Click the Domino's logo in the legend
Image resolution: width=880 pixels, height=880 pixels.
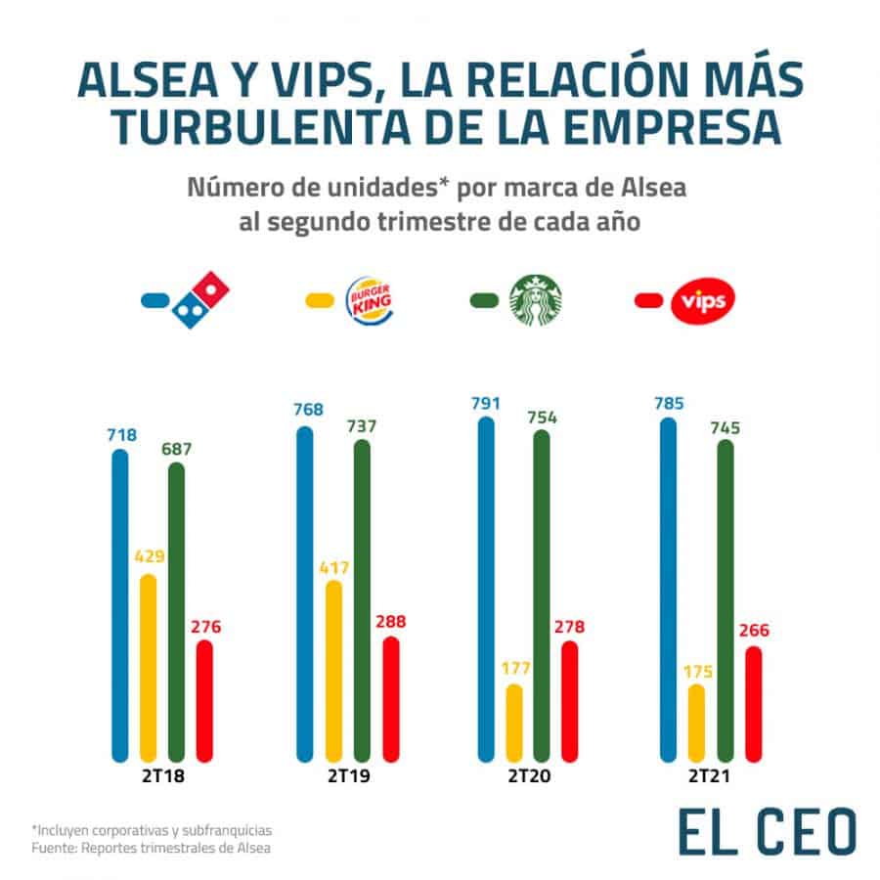point(200,298)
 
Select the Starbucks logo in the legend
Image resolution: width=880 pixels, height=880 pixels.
point(537,298)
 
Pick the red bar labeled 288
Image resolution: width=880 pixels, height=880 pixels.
point(390,698)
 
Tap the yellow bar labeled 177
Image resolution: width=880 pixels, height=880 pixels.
point(514,723)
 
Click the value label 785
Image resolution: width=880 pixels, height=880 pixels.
point(670,403)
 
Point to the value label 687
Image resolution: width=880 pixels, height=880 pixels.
point(177,450)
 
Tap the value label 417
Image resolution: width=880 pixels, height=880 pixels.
point(333,567)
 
